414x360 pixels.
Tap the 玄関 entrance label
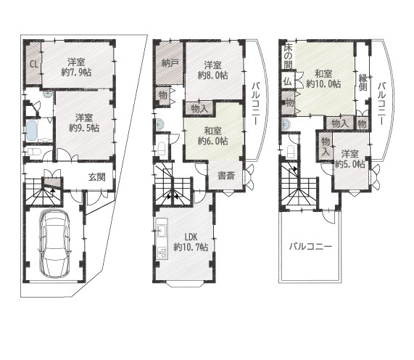(x=98, y=176)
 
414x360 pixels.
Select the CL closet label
(x=33, y=64)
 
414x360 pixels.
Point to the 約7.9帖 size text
(x=76, y=73)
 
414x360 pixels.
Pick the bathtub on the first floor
(x=33, y=132)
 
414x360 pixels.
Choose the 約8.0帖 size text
(x=212, y=75)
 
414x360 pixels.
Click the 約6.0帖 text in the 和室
(x=212, y=140)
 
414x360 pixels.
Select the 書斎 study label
(x=225, y=175)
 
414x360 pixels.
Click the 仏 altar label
(x=288, y=81)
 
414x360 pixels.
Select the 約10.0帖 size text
(x=323, y=83)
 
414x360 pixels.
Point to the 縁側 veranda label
(x=362, y=81)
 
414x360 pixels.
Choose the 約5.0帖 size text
(x=349, y=165)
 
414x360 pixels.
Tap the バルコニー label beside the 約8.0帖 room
(x=255, y=105)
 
